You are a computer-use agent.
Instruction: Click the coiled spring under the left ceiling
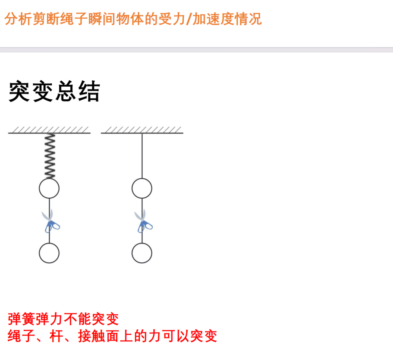click(50, 156)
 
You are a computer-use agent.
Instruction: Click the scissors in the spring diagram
click(50, 221)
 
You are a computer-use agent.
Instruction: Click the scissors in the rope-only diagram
click(143, 221)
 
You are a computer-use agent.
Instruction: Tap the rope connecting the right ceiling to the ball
click(142, 156)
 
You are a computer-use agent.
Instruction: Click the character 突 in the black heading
click(19, 92)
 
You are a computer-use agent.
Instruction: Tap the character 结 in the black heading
click(89, 92)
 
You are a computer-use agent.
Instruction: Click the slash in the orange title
click(189, 19)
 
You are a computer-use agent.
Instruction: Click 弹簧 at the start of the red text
click(22, 319)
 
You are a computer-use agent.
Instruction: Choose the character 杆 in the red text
click(57, 336)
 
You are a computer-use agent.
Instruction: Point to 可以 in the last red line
click(176, 336)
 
